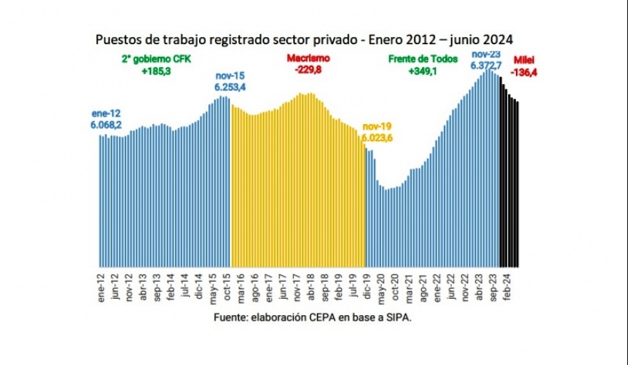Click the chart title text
(305, 38)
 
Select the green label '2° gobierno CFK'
(157, 59)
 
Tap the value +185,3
(156, 72)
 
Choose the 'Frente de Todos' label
(422, 59)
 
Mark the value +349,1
(422, 72)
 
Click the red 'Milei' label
(522, 60)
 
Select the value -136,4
(522, 72)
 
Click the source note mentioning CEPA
(313, 318)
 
